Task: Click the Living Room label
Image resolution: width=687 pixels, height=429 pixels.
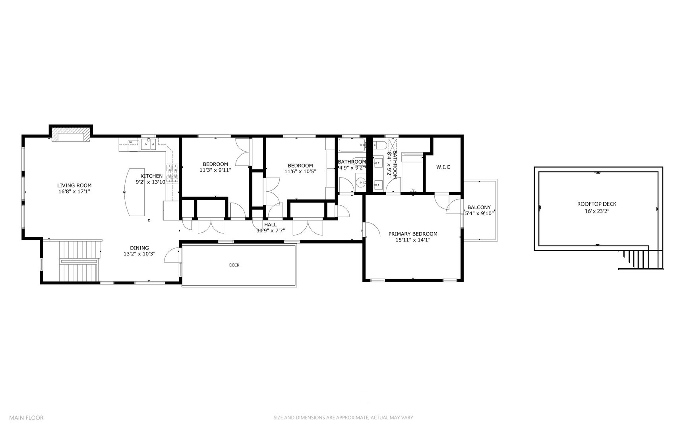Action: tap(74, 185)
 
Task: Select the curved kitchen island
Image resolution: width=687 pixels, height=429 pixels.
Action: tap(135, 192)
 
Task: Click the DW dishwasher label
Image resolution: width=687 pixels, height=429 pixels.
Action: tap(130, 142)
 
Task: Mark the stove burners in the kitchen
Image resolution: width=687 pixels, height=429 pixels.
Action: tap(172, 173)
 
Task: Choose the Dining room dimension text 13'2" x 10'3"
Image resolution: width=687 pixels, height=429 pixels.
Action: tap(139, 254)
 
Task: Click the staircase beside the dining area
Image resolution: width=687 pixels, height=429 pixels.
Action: tap(79, 261)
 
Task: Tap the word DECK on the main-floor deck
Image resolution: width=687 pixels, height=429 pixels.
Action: tap(234, 265)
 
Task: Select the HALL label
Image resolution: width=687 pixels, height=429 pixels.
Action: tap(270, 225)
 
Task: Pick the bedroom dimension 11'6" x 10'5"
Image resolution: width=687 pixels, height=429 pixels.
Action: tap(300, 172)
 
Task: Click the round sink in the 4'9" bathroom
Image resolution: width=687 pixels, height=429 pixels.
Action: tap(360, 183)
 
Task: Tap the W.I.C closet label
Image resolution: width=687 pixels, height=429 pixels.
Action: tap(443, 167)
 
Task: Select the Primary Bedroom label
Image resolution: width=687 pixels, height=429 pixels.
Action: tap(413, 234)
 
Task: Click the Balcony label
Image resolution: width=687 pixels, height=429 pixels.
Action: tap(479, 207)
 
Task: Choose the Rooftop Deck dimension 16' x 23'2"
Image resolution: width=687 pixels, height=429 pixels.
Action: tap(596, 211)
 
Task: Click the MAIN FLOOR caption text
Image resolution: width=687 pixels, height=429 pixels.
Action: tap(26, 417)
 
